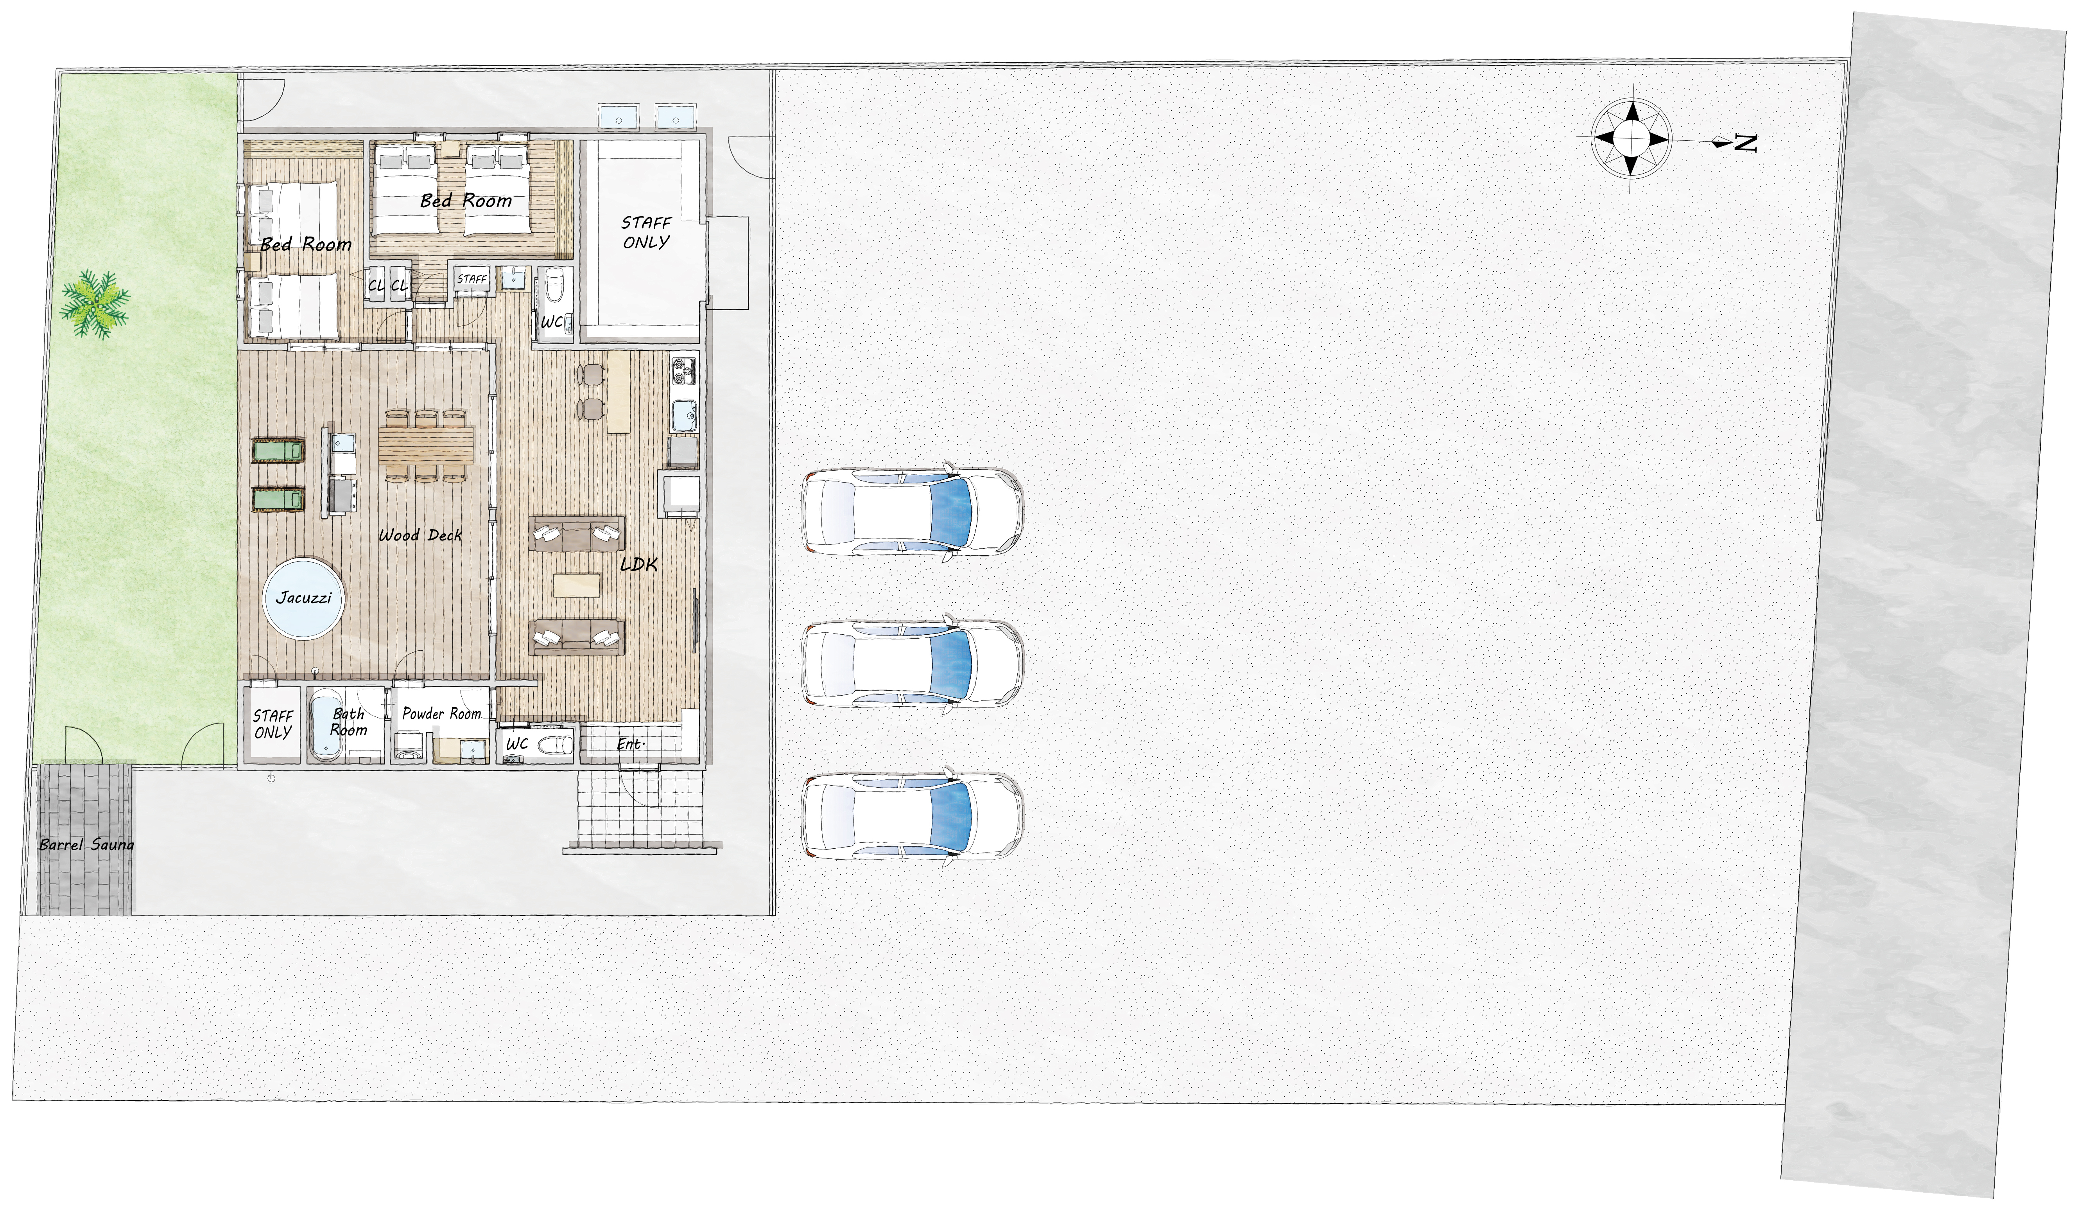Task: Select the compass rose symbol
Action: pyautogui.click(x=1630, y=138)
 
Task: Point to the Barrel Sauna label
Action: pyautogui.click(x=86, y=845)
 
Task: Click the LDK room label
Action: pyautogui.click(x=639, y=564)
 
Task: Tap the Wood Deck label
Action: pyautogui.click(x=421, y=535)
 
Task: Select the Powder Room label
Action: pyautogui.click(x=442, y=713)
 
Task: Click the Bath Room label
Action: pyautogui.click(x=348, y=722)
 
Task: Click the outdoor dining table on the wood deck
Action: pyautogui.click(x=426, y=445)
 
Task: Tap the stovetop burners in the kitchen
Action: pyautogui.click(x=683, y=370)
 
